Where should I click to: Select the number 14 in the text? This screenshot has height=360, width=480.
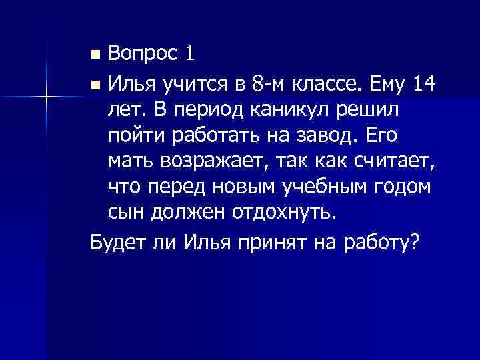point(424,85)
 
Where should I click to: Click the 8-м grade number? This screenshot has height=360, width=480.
point(268,85)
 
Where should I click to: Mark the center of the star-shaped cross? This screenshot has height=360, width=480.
point(47,96)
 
